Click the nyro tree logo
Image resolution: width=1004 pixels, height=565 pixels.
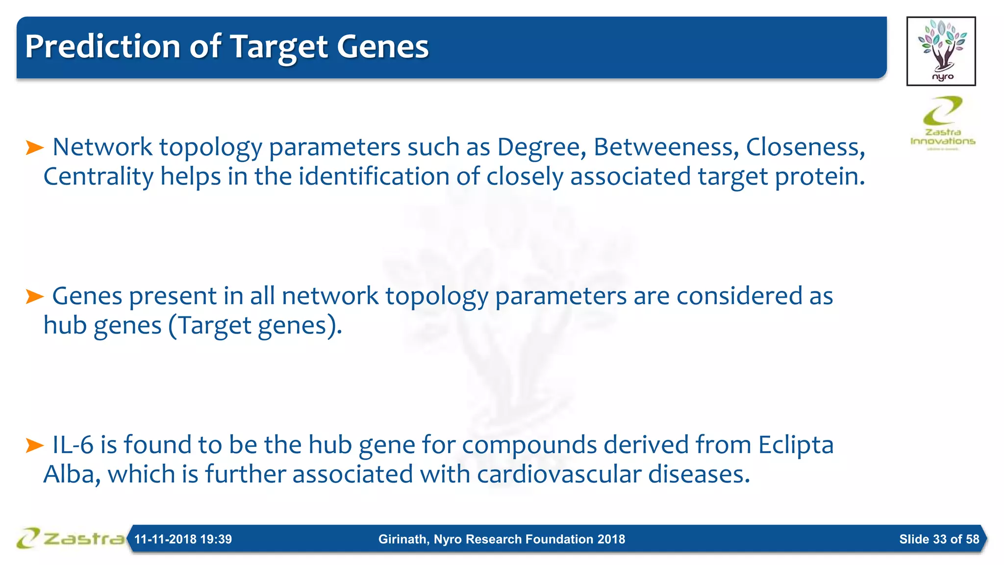coord(941,51)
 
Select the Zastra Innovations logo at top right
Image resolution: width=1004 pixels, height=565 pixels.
coord(942,123)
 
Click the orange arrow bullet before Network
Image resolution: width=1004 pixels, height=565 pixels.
coord(34,147)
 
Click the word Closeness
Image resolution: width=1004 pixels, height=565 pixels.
coord(804,147)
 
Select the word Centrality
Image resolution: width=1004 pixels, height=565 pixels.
coord(98,177)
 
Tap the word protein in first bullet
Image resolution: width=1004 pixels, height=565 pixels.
coord(819,177)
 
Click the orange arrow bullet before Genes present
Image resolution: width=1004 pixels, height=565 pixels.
coord(34,296)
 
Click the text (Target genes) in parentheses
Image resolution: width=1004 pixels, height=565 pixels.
coord(254,326)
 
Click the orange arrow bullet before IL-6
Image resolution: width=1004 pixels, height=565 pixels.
coord(34,445)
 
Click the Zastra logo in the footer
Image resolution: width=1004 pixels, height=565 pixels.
coord(70,539)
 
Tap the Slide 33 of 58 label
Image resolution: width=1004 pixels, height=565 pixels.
coord(939,539)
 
